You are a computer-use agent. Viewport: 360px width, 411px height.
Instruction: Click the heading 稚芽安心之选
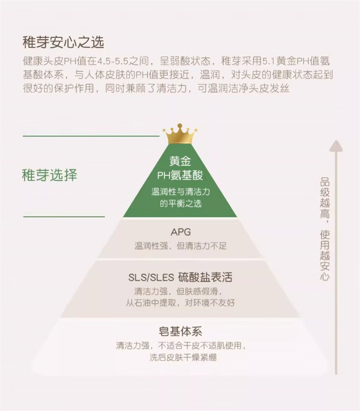click(63, 42)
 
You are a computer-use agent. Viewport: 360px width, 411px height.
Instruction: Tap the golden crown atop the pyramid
click(180, 134)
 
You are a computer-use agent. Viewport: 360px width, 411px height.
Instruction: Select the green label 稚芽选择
click(50, 175)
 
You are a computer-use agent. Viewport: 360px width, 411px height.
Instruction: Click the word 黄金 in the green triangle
click(180, 161)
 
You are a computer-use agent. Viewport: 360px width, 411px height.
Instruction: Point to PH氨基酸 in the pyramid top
click(180, 176)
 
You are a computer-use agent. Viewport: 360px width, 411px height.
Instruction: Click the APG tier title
click(180, 232)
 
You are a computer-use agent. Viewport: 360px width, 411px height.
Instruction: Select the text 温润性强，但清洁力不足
click(180, 246)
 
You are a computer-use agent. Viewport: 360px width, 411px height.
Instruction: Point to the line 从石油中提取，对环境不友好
click(180, 302)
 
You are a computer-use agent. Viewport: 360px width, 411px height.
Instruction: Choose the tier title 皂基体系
click(180, 332)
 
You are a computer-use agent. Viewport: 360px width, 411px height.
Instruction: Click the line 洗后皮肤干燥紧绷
click(183, 358)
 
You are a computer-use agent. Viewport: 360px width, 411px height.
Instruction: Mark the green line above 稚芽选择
click(91, 136)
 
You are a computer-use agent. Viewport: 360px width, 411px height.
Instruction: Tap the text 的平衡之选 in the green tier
click(180, 204)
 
